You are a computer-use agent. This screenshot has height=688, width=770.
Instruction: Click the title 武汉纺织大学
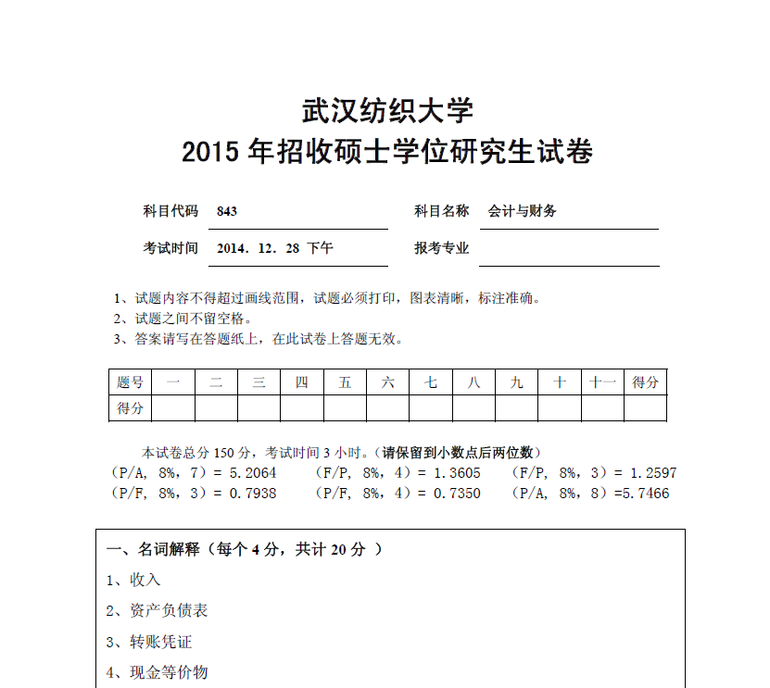click(387, 111)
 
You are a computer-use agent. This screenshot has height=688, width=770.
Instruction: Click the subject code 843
click(227, 211)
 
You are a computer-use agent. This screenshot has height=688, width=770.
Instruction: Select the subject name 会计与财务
click(523, 211)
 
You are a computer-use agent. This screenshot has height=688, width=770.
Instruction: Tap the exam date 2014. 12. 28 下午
click(275, 248)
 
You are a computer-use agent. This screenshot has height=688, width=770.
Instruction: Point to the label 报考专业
click(442, 248)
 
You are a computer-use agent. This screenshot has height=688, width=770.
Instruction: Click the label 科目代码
click(170, 211)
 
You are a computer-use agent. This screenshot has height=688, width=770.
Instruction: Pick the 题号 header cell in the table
click(130, 382)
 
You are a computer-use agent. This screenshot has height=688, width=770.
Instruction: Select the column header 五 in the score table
click(345, 382)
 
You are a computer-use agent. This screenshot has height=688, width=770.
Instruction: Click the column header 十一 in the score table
click(602, 382)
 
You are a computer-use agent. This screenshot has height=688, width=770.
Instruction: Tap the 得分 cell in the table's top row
click(646, 382)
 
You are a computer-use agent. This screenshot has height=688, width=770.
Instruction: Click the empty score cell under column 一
click(173, 407)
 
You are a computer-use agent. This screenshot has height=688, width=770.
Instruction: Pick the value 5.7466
click(645, 494)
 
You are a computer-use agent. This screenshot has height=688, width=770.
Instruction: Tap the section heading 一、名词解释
click(154, 549)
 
